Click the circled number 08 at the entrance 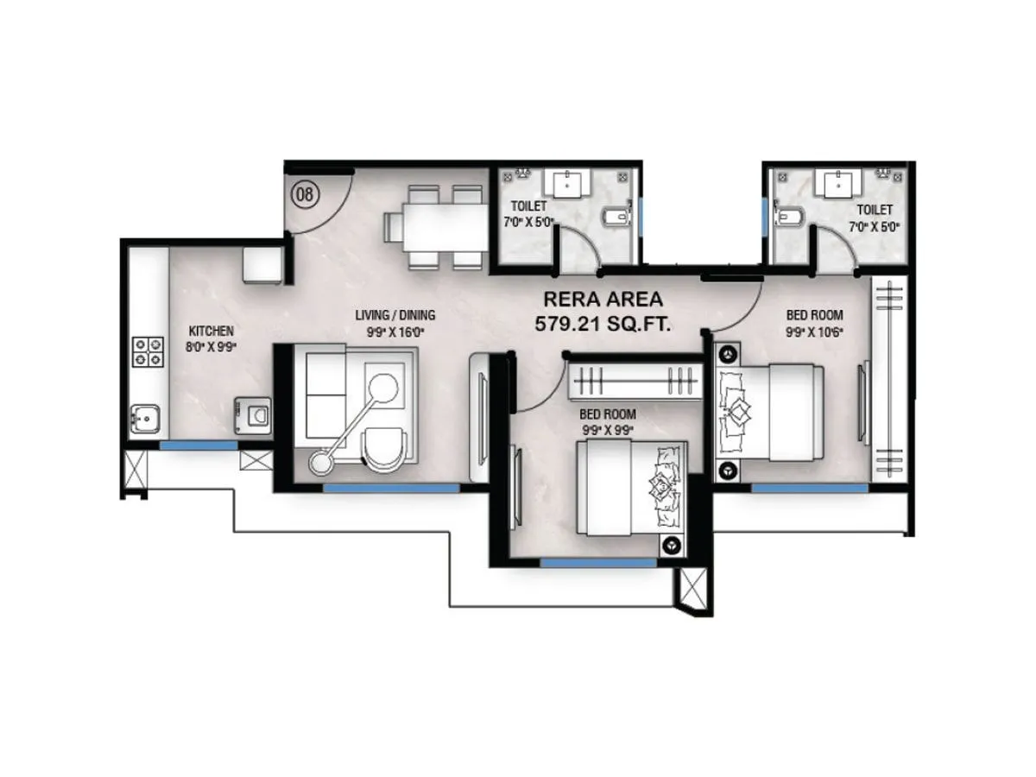point(305,194)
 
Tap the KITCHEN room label point(211,331)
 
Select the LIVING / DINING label point(395,314)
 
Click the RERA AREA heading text point(603,300)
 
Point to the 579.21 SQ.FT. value point(603,324)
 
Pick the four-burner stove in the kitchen point(147,351)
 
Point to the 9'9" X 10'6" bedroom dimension point(814,331)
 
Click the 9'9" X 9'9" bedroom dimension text point(607,428)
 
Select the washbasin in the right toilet point(837,182)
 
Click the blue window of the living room point(391,488)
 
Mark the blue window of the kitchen point(199,445)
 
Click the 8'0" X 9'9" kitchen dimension point(211,345)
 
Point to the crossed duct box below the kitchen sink point(135,470)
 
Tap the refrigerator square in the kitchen point(262,264)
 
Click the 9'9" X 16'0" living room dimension point(395,330)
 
